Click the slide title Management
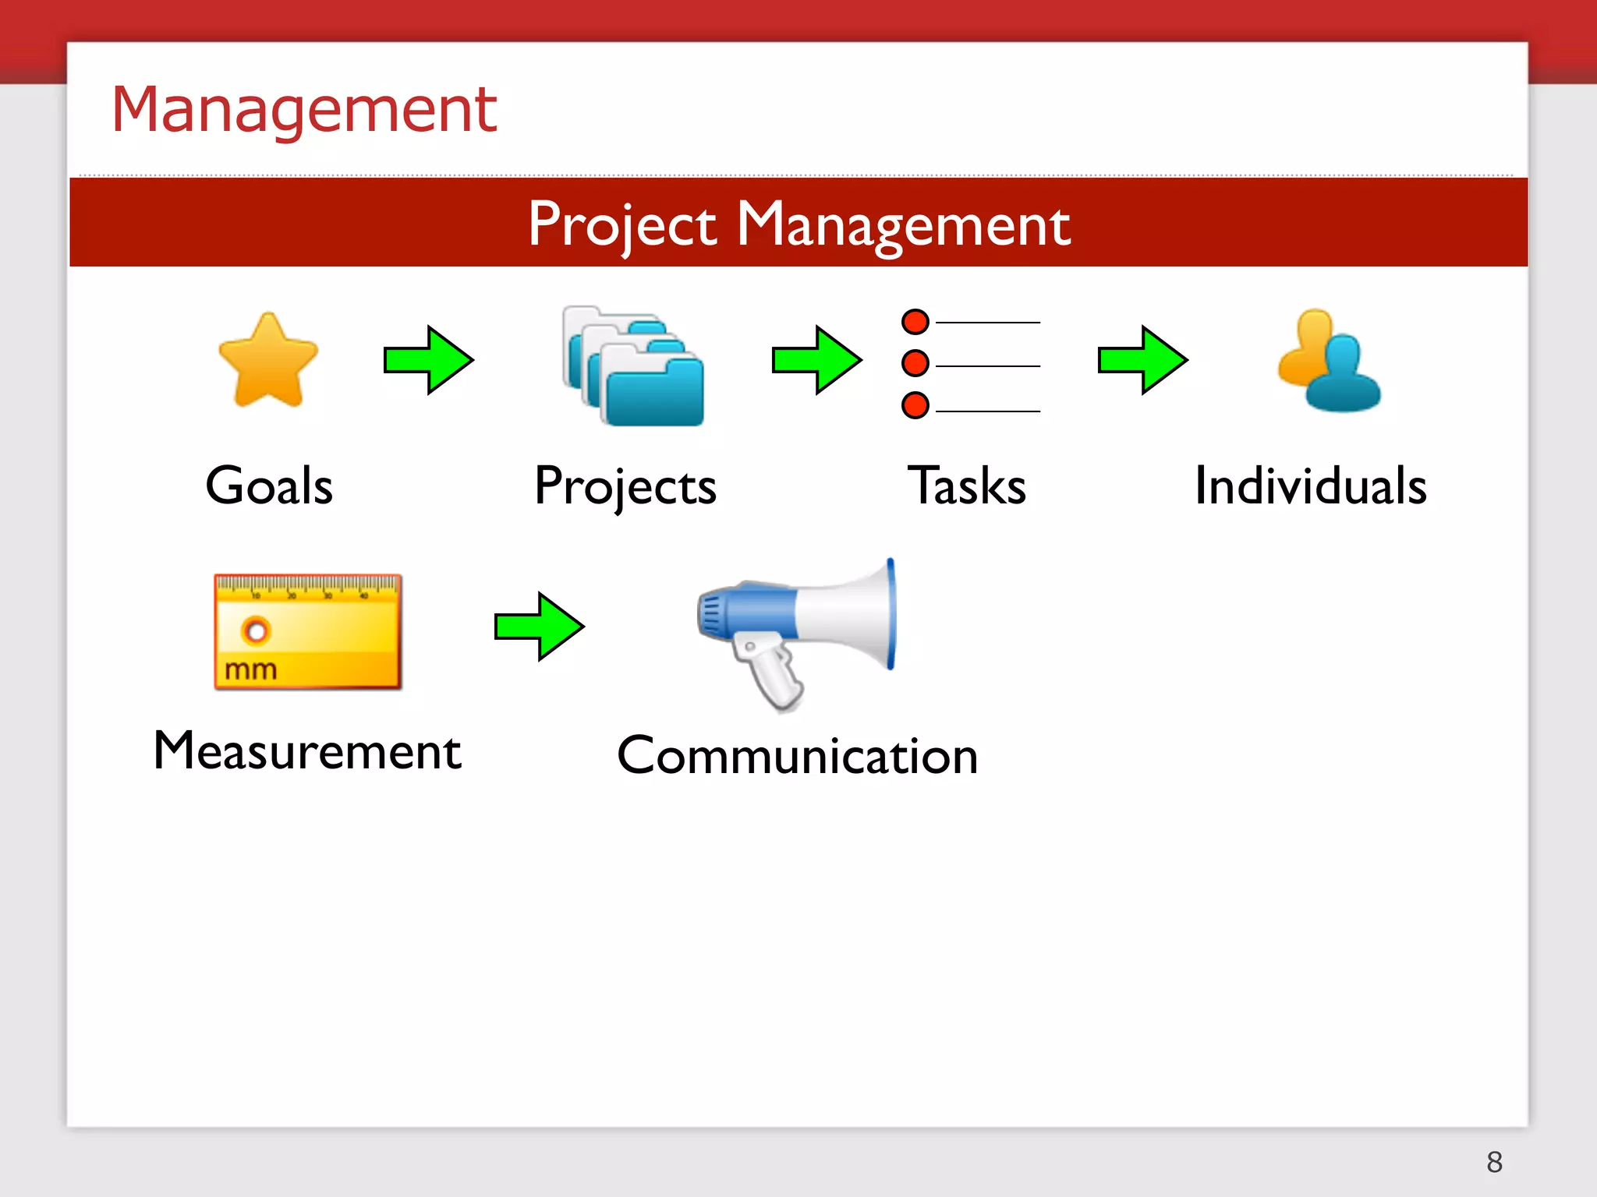pos(304,110)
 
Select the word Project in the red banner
pos(621,224)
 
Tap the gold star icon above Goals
pos(268,361)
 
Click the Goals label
pos(269,486)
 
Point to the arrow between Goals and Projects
pos(428,360)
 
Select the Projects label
pos(625,486)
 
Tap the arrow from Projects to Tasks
pos(816,360)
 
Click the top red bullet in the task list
pos(915,321)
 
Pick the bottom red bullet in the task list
pos(915,405)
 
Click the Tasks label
pos(967,486)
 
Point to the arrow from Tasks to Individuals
pos(1142,360)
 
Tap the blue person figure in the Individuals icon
pos(1343,374)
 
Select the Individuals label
pos(1311,486)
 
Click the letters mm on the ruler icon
pos(251,669)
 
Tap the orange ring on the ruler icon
pos(255,630)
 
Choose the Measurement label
pos(308,750)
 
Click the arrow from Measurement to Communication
pos(539,626)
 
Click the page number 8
pos(1494,1162)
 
